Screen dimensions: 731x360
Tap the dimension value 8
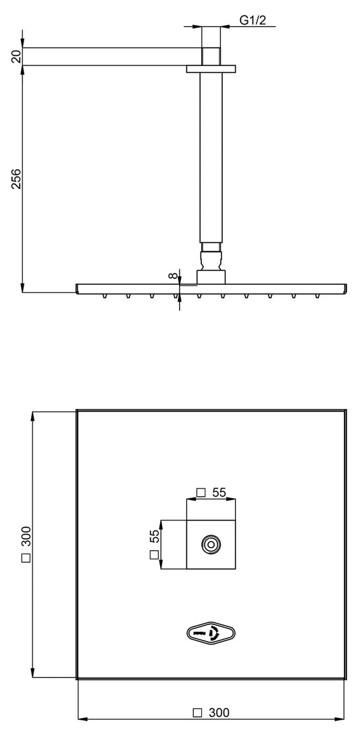(x=174, y=275)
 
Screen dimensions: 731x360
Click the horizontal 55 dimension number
(x=218, y=493)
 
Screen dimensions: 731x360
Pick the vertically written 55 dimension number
(x=154, y=537)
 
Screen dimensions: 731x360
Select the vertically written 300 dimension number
(x=26, y=537)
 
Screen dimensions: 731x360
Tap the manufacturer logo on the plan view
(x=211, y=632)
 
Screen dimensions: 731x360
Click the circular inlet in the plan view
(x=211, y=544)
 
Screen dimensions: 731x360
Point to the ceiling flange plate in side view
(x=211, y=68)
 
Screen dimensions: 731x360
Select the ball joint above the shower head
(x=211, y=257)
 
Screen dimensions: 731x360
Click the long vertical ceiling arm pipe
(x=211, y=155)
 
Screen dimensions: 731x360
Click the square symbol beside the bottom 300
(x=198, y=712)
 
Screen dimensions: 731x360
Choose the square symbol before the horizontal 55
(x=200, y=493)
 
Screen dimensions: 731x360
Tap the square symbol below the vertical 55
(x=154, y=555)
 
